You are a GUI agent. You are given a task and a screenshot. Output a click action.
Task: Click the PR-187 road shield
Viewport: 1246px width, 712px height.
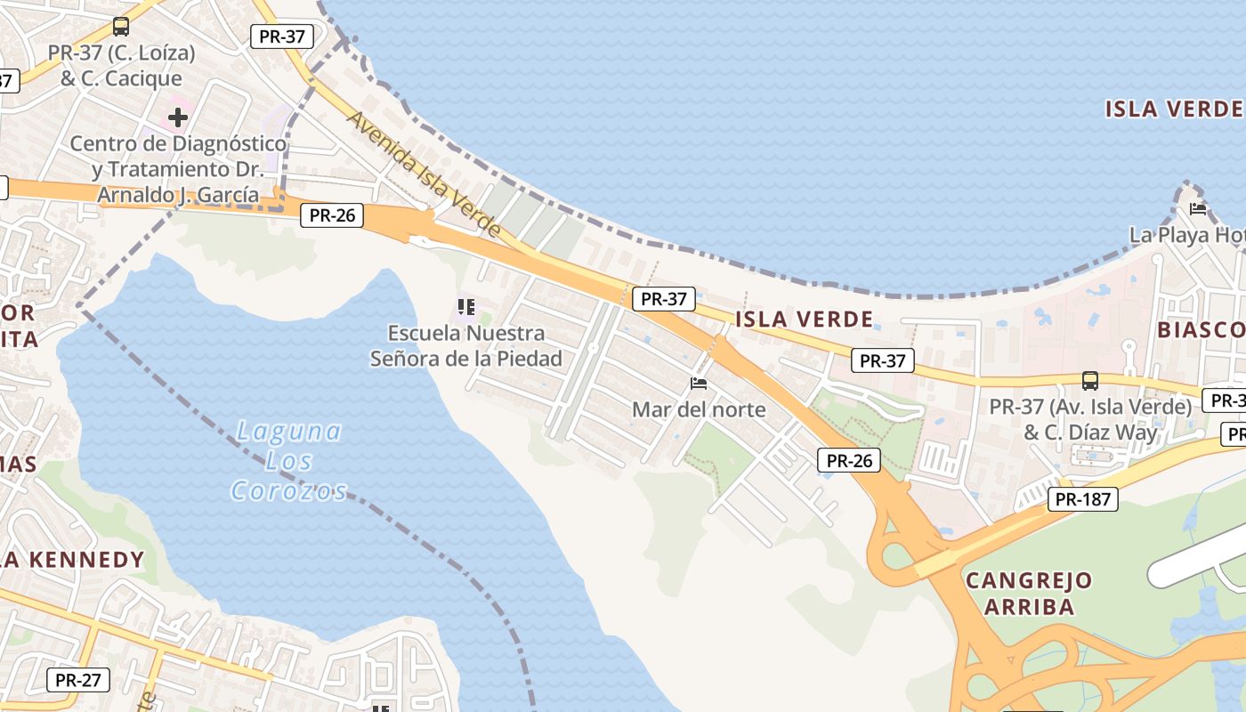(1083, 499)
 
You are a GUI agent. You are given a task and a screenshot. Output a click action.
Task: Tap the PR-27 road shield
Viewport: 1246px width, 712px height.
(78, 680)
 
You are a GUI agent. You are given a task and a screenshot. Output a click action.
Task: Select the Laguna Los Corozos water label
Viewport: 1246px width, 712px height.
(287, 461)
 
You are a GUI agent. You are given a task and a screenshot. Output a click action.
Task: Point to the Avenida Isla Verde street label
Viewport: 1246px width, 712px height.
(425, 174)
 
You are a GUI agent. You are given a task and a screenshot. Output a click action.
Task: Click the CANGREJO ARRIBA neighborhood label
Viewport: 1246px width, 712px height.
(1029, 593)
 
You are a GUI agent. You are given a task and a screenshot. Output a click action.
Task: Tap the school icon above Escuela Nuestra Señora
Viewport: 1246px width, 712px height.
(465, 308)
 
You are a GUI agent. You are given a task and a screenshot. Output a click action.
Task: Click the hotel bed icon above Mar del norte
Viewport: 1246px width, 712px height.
(699, 384)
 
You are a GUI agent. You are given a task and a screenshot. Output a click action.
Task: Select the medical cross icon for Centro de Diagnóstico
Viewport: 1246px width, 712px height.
(178, 117)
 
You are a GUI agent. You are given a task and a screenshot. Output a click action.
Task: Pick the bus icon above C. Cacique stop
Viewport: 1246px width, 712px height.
(121, 27)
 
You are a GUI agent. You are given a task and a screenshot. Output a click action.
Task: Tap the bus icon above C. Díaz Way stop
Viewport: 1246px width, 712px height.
(1090, 381)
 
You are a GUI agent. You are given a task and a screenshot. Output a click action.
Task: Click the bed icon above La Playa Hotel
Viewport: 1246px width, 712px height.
(1198, 209)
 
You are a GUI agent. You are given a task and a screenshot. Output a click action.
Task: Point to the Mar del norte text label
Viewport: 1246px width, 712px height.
(699, 409)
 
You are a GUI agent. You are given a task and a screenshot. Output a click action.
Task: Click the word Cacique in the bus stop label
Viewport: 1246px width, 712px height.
(144, 78)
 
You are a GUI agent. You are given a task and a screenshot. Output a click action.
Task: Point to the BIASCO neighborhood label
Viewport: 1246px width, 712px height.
(1201, 330)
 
